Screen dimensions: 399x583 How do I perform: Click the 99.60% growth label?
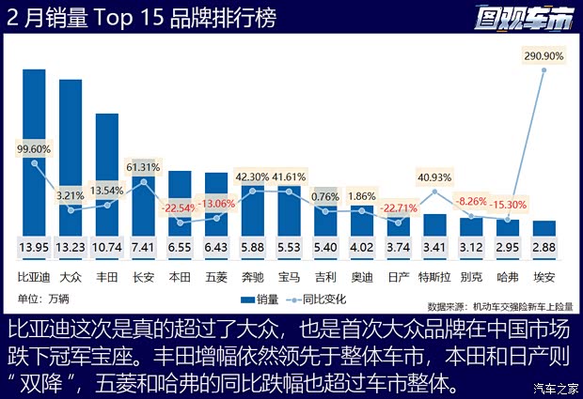(x=34, y=148)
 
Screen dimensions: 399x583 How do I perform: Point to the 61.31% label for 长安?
(x=144, y=167)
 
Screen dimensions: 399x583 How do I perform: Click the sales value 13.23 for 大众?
(x=71, y=248)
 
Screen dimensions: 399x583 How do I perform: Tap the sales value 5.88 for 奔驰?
(x=253, y=248)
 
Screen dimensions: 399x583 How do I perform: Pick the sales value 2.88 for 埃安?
(x=544, y=248)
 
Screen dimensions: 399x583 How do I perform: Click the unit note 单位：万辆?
(x=43, y=299)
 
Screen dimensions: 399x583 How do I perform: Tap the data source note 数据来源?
(x=499, y=306)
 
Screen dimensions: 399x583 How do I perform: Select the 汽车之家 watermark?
(x=554, y=388)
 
